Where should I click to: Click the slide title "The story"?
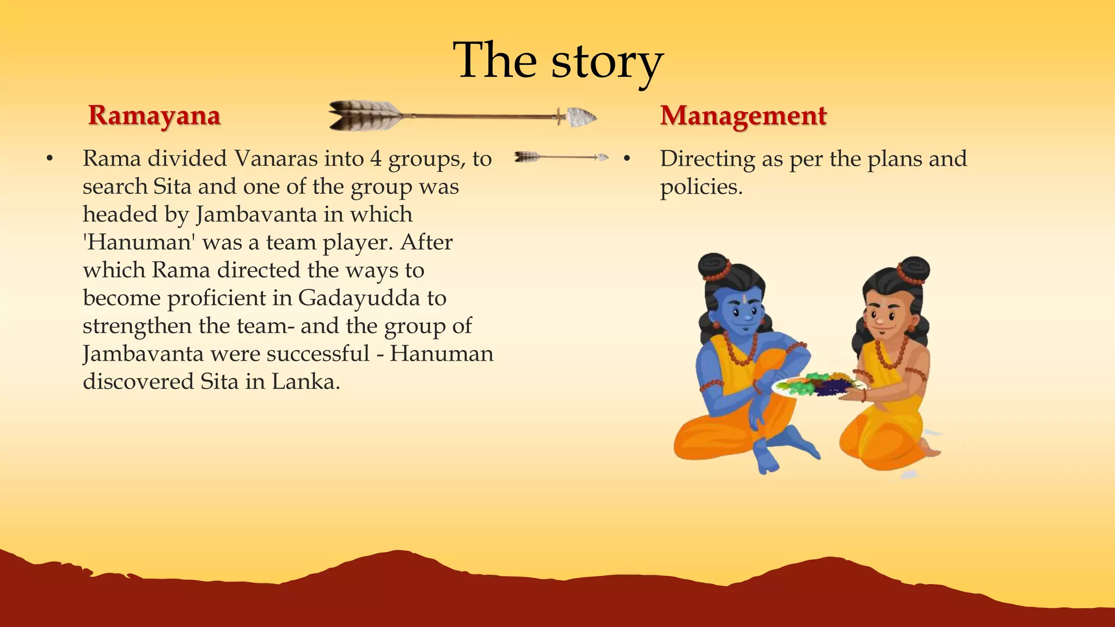pos(557,61)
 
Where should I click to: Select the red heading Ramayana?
pos(154,115)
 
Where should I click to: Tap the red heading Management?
pos(743,116)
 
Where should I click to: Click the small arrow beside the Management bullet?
pos(561,157)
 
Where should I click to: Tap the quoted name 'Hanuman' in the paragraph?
pos(138,242)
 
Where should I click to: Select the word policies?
pos(701,187)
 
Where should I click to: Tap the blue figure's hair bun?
pos(714,267)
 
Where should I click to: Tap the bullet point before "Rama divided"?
pos(50,159)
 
